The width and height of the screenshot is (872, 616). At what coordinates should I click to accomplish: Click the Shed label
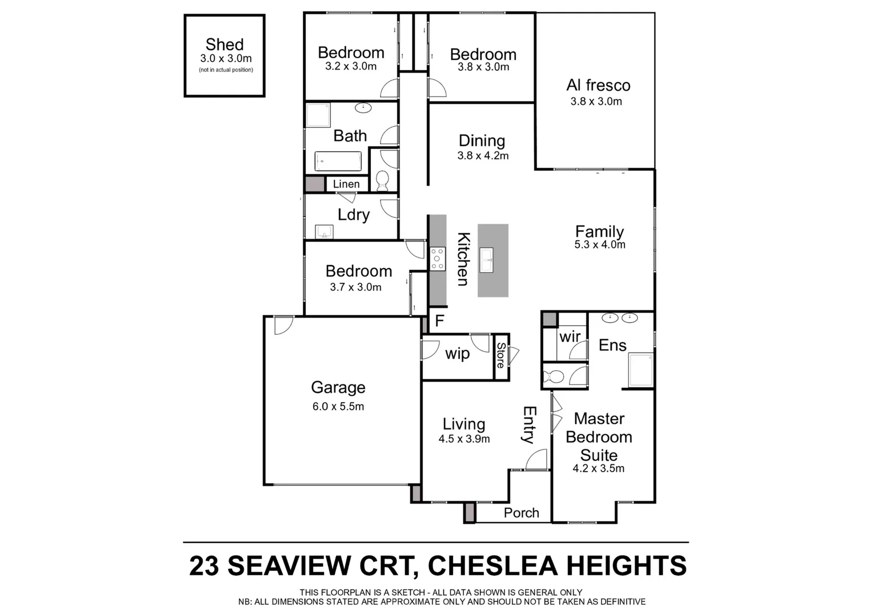pos(224,44)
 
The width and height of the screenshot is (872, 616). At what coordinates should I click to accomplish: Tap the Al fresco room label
pos(598,86)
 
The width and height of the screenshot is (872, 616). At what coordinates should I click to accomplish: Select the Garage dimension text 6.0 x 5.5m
pos(338,407)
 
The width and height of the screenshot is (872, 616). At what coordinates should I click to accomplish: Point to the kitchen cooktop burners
pos(438,259)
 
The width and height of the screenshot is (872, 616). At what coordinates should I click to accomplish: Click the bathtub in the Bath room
pos(338,161)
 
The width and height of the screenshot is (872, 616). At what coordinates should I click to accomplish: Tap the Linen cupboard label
pos(346,184)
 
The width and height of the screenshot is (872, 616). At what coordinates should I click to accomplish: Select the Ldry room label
pos(353,214)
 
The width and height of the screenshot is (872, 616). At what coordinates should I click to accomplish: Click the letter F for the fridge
pos(439,321)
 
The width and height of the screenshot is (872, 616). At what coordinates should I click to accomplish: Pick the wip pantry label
pos(457,354)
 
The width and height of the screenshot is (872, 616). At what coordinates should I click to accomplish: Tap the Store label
pos(500,355)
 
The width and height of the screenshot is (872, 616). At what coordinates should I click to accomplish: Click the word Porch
pos(521,513)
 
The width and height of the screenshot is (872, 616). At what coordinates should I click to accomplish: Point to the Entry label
pos(529,425)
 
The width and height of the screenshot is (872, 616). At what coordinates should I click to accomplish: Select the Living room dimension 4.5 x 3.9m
pos(464,439)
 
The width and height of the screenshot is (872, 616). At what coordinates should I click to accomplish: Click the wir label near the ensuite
pos(570,337)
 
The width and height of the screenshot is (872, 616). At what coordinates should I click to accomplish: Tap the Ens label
pos(612,345)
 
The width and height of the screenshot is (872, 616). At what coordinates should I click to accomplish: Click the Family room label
pos(599,232)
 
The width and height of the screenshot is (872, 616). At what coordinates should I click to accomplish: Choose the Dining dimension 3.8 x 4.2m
pos(483,156)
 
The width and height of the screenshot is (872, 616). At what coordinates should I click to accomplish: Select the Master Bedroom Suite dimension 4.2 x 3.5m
pos(598,469)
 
